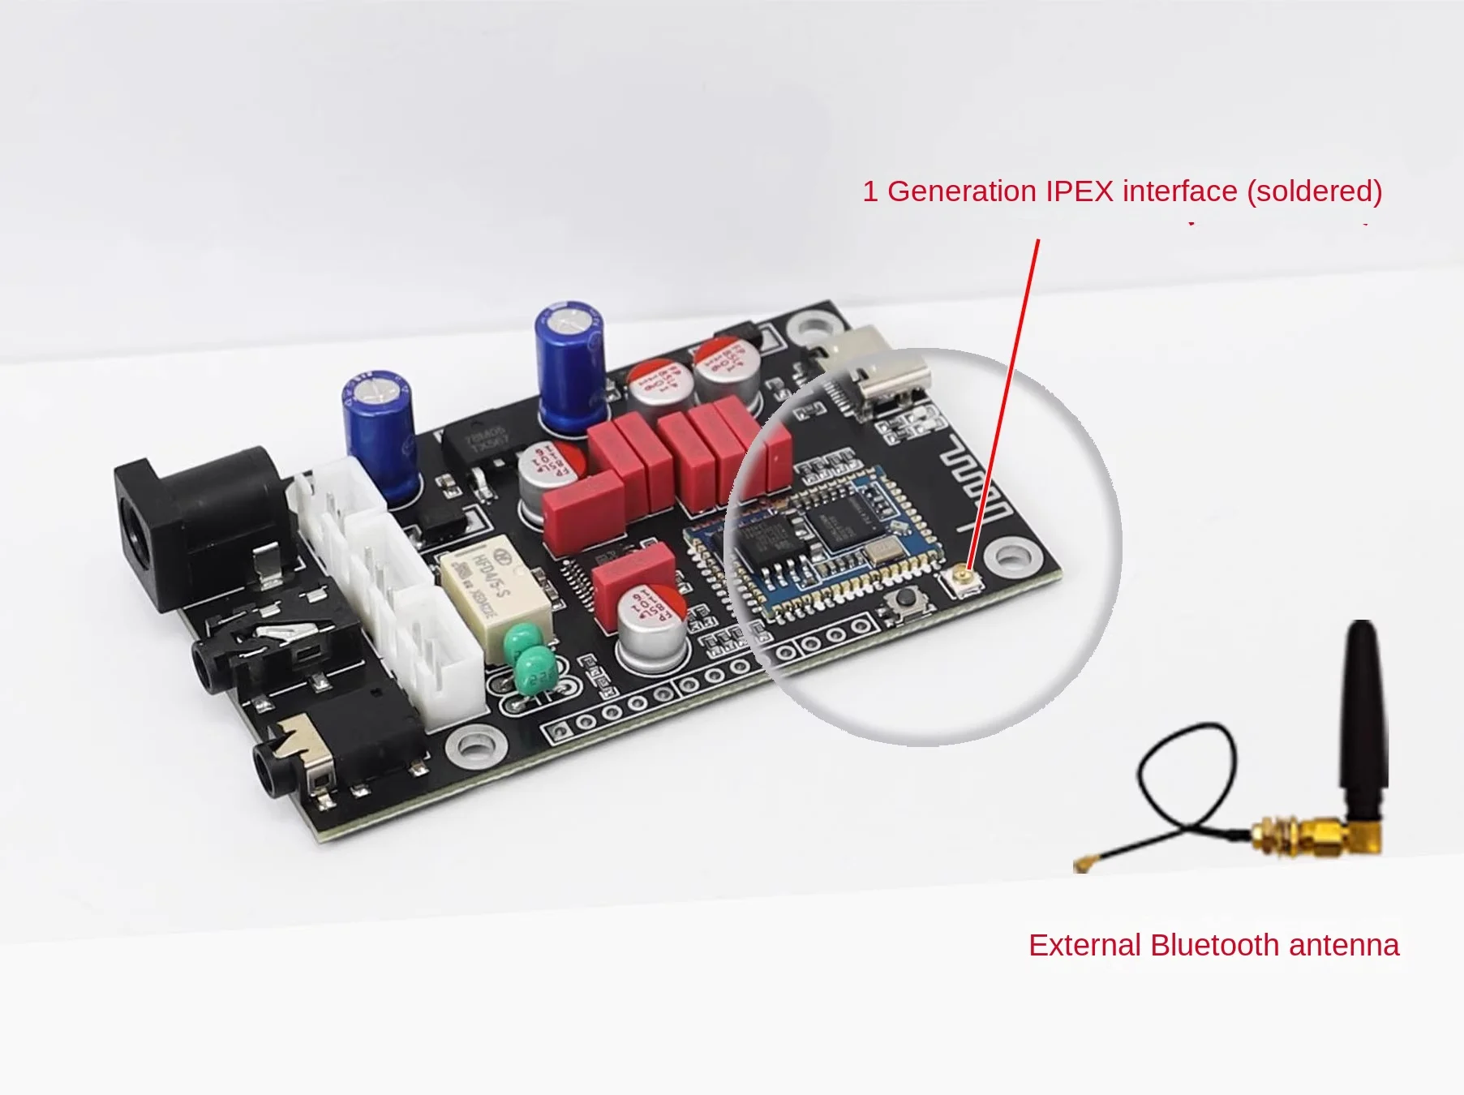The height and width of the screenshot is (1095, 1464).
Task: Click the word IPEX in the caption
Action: click(x=1079, y=191)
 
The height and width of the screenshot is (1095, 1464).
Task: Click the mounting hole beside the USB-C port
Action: click(x=810, y=328)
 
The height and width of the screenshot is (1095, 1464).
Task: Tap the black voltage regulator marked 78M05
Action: click(x=481, y=444)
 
